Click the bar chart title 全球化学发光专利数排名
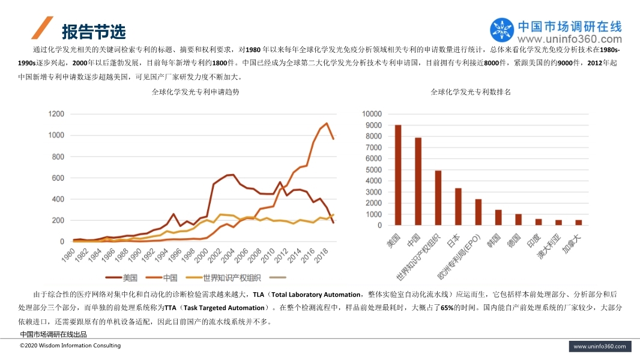click(471, 92)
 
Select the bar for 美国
click(398, 175)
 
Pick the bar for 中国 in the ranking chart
click(418, 181)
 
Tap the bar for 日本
click(458, 206)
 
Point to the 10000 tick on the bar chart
click(371, 114)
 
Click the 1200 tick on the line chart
click(56, 114)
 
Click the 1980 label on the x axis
click(68, 257)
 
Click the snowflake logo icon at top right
click(502, 30)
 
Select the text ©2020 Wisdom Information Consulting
click(70, 346)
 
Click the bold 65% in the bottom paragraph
click(447, 307)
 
